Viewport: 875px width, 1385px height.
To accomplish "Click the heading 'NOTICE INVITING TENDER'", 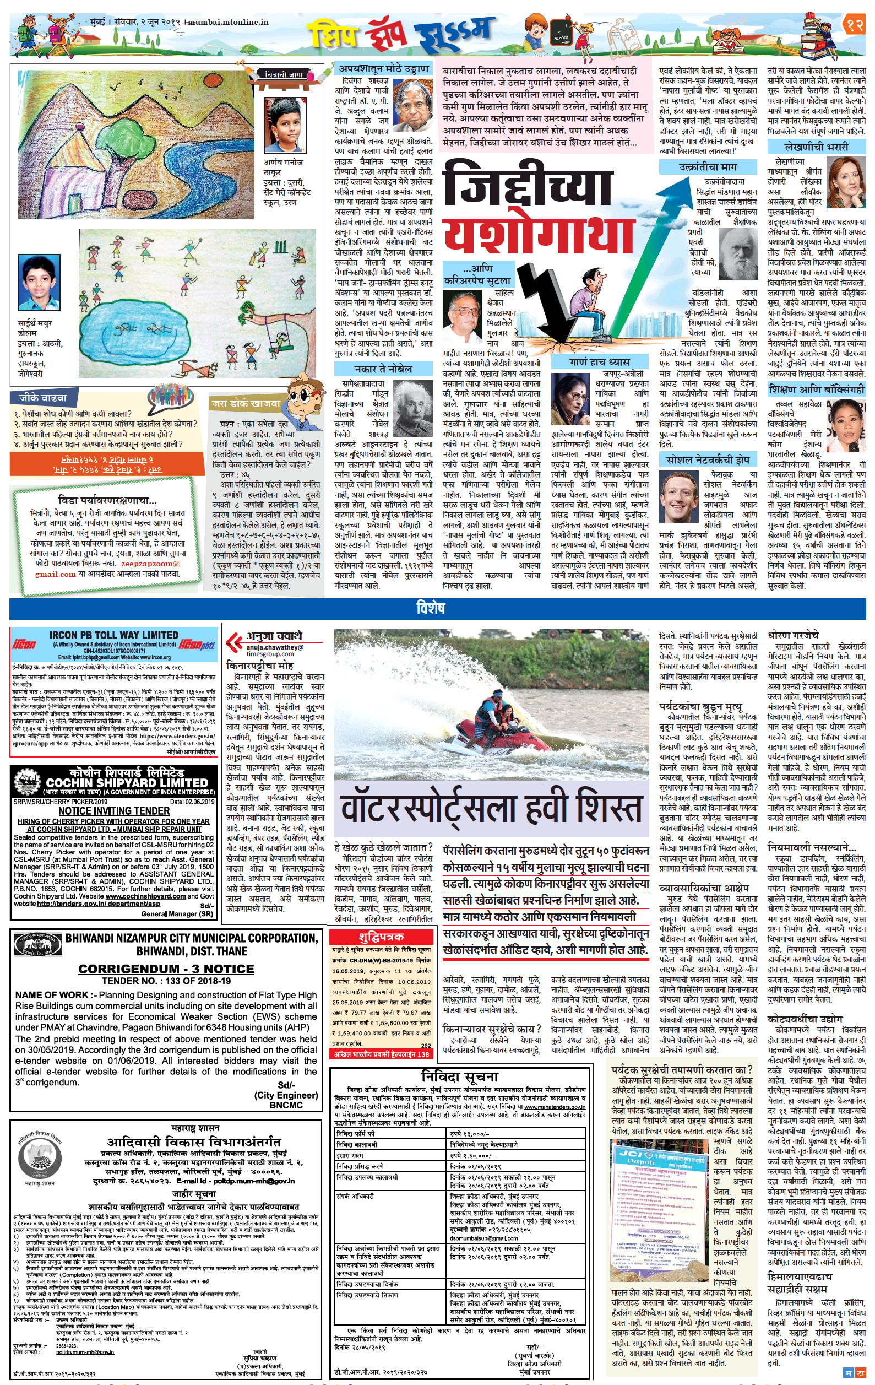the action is tap(114, 811).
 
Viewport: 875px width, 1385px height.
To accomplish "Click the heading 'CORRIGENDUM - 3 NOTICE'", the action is tap(166, 969).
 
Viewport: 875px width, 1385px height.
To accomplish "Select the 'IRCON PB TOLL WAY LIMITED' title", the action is tap(113, 636).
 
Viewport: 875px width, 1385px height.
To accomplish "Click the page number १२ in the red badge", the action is tap(852, 25).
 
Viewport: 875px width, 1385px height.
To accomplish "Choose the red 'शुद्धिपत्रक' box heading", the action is tap(381, 937).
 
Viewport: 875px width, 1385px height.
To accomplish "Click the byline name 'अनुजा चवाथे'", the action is tap(274, 636).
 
